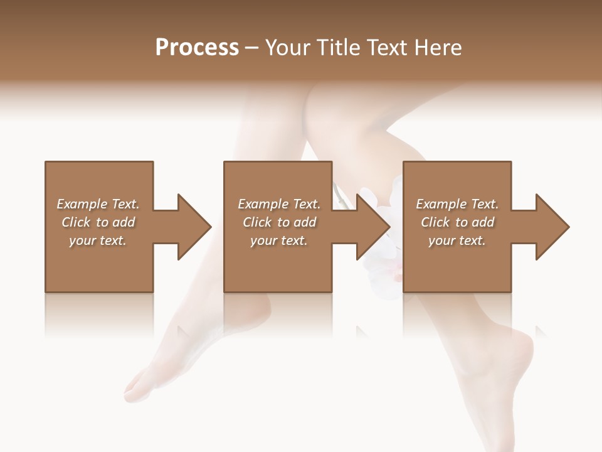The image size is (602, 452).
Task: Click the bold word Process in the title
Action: click(197, 48)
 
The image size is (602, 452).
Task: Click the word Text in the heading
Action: click(387, 48)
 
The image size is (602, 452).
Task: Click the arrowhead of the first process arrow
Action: click(194, 227)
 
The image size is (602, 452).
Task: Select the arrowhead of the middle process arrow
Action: click(374, 227)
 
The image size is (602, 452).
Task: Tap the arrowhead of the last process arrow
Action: click(552, 227)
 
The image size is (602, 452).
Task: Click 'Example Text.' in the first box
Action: click(98, 204)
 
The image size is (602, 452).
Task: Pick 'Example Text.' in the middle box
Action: click(279, 204)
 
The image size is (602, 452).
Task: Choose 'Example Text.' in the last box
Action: click(457, 204)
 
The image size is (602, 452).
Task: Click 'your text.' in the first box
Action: click(98, 240)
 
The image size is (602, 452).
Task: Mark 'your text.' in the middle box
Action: click(279, 240)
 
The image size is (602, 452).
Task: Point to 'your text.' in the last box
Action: click(457, 240)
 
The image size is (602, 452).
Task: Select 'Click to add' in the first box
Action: click(98, 222)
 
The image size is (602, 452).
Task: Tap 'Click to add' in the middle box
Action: click(279, 222)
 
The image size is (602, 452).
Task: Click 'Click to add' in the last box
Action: click(457, 222)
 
